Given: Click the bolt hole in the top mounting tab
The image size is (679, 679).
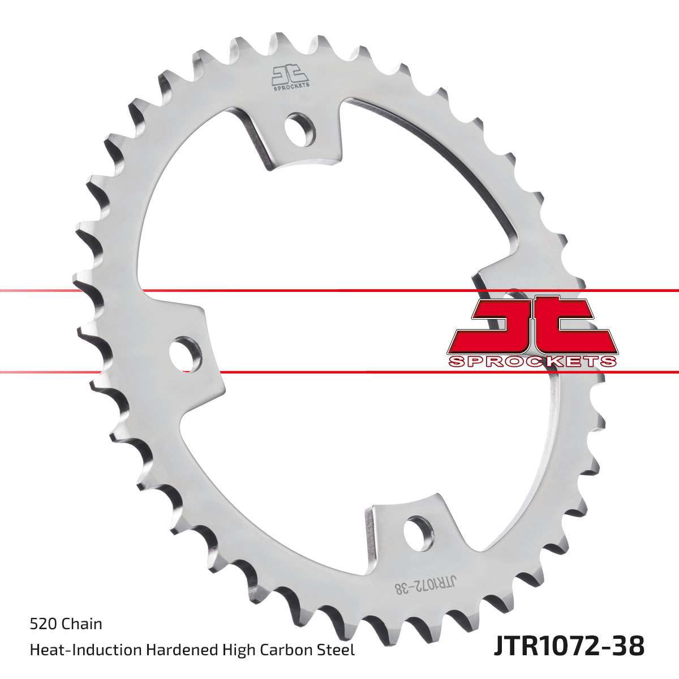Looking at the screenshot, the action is coord(300,130).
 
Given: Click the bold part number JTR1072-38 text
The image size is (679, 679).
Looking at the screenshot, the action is coord(569,646).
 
